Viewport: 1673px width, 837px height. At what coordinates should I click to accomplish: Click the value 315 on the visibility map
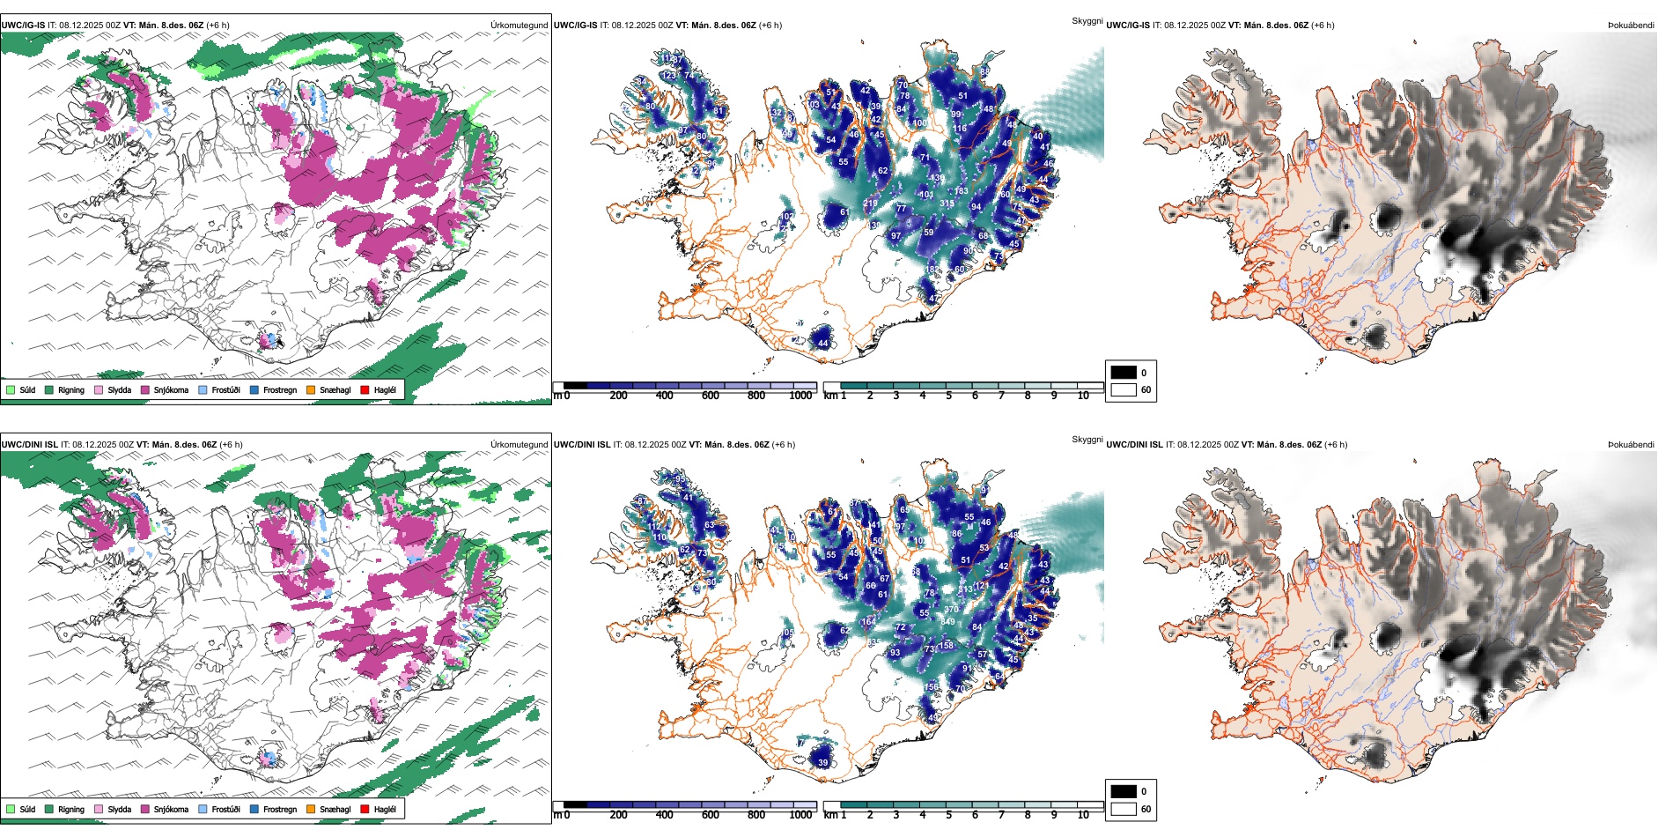[947, 204]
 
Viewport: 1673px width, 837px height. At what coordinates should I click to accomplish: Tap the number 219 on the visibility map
[870, 204]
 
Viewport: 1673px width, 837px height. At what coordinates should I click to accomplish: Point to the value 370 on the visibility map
[951, 609]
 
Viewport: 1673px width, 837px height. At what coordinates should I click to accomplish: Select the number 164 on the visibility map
[868, 621]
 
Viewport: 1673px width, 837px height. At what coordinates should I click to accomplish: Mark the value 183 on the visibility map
[961, 191]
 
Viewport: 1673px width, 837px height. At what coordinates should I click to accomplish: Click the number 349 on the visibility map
[947, 622]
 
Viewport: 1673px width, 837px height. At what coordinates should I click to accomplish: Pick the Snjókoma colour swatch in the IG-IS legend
[145, 389]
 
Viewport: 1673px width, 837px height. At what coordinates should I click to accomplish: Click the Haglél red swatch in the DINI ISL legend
[365, 809]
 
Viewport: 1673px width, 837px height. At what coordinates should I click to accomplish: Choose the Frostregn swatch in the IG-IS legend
[254, 389]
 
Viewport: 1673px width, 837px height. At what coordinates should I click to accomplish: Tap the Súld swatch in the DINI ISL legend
[11, 809]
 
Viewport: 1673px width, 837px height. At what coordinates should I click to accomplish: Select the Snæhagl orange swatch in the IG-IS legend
[311, 389]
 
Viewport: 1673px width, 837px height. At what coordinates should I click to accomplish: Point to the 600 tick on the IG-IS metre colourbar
[711, 396]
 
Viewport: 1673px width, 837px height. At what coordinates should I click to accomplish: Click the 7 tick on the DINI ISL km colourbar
[1001, 815]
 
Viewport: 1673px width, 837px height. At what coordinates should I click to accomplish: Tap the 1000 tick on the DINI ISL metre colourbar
[800, 815]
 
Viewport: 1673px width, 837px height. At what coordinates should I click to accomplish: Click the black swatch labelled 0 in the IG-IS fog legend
[1124, 373]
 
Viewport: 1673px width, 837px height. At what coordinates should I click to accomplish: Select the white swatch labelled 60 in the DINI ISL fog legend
[1124, 809]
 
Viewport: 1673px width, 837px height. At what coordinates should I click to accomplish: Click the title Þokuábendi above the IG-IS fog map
[1631, 26]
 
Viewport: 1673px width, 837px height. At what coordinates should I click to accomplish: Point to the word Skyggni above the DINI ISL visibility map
[1087, 440]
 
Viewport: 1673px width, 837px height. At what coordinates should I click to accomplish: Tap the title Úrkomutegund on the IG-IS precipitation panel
[519, 26]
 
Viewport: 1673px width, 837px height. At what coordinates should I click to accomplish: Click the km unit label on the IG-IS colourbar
[830, 396]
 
